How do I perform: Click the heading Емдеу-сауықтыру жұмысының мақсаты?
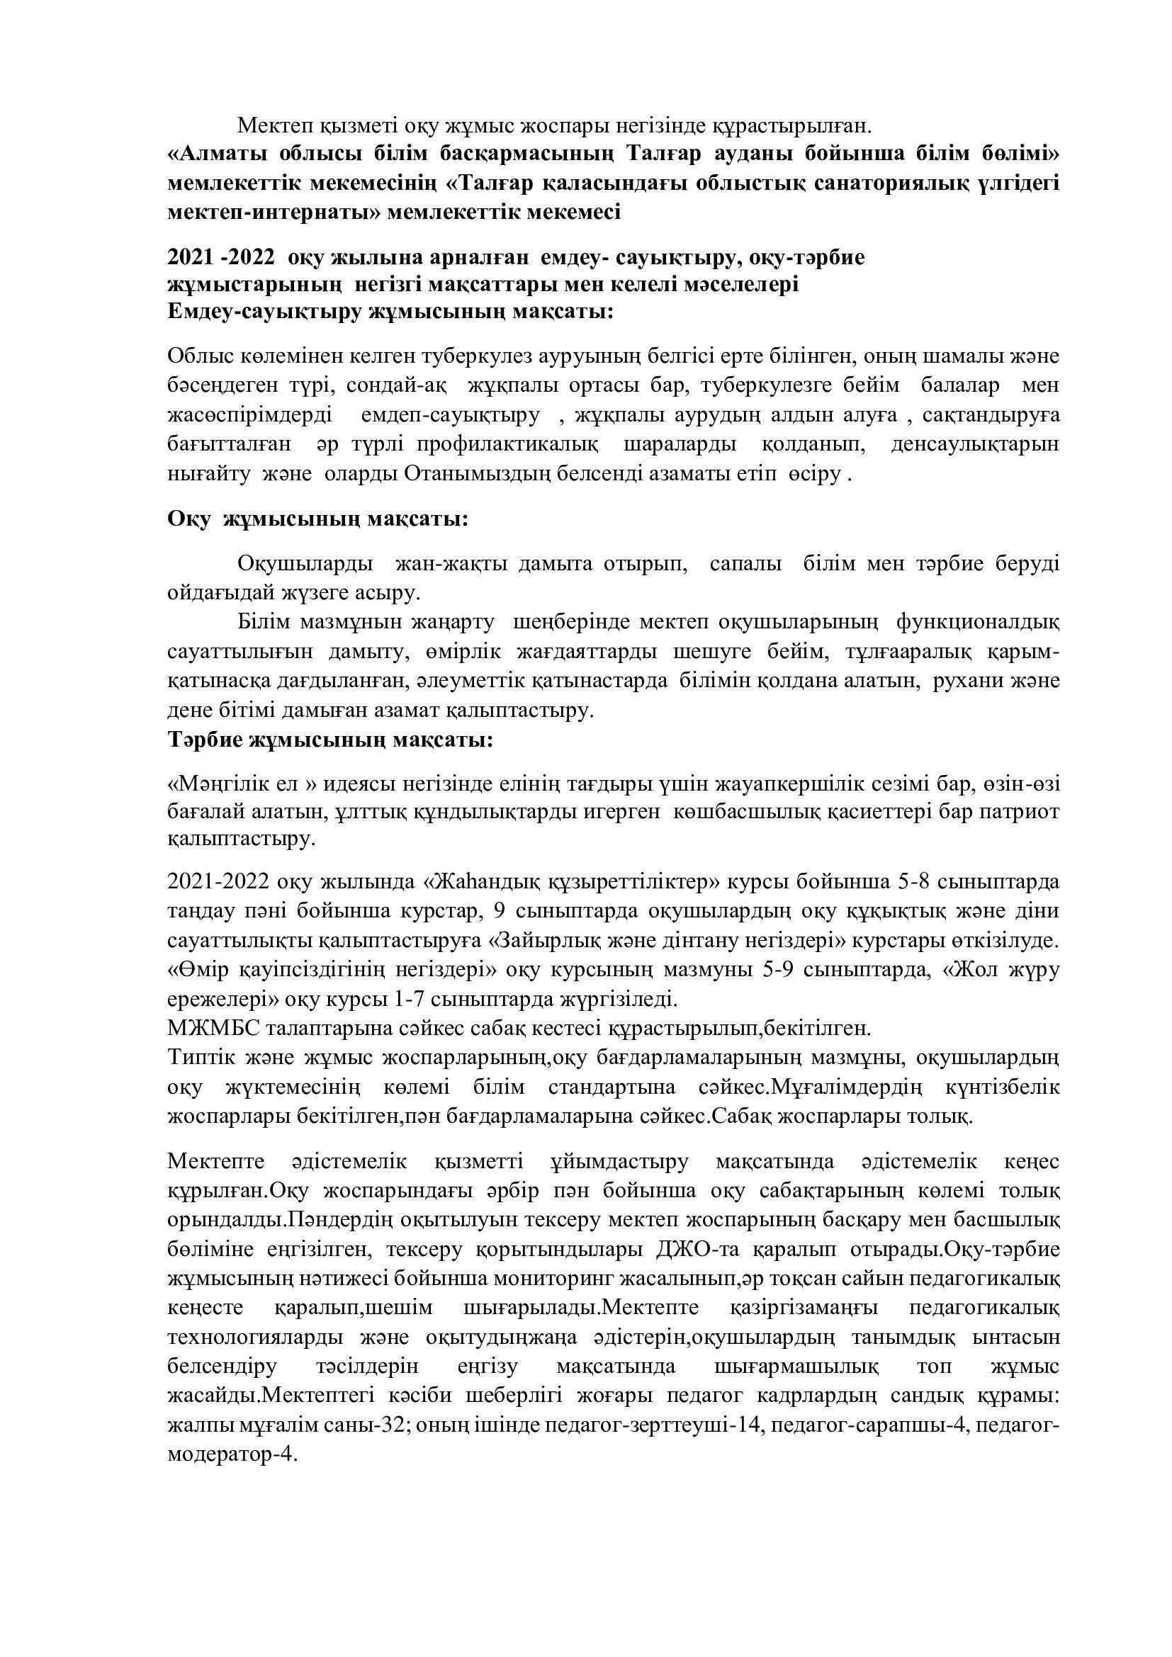click(x=390, y=312)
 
